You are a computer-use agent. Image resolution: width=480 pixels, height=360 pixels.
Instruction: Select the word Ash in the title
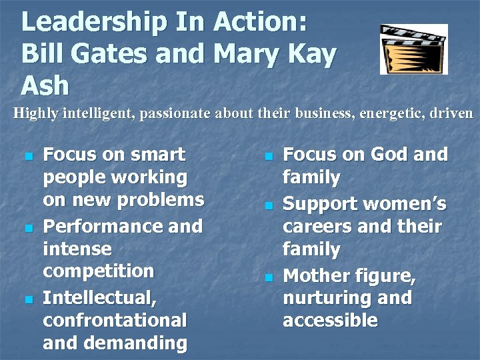coord(45,85)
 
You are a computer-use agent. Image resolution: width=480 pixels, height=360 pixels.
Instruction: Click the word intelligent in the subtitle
coord(99,113)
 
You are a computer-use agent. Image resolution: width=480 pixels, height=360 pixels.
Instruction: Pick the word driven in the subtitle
coord(453,113)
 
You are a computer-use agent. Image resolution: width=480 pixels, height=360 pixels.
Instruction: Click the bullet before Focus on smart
coord(27,157)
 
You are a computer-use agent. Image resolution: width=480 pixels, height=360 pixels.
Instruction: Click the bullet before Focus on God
coord(268,157)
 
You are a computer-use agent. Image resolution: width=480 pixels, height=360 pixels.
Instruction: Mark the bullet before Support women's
coord(268,206)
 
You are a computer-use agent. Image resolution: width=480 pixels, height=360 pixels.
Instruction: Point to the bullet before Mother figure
coord(268,278)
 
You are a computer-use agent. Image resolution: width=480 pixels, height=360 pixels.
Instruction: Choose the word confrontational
coord(115,321)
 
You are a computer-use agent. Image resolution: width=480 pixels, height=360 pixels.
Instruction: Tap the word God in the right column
coord(389,155)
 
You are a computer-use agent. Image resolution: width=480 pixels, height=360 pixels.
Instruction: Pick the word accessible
coord(330,321)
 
